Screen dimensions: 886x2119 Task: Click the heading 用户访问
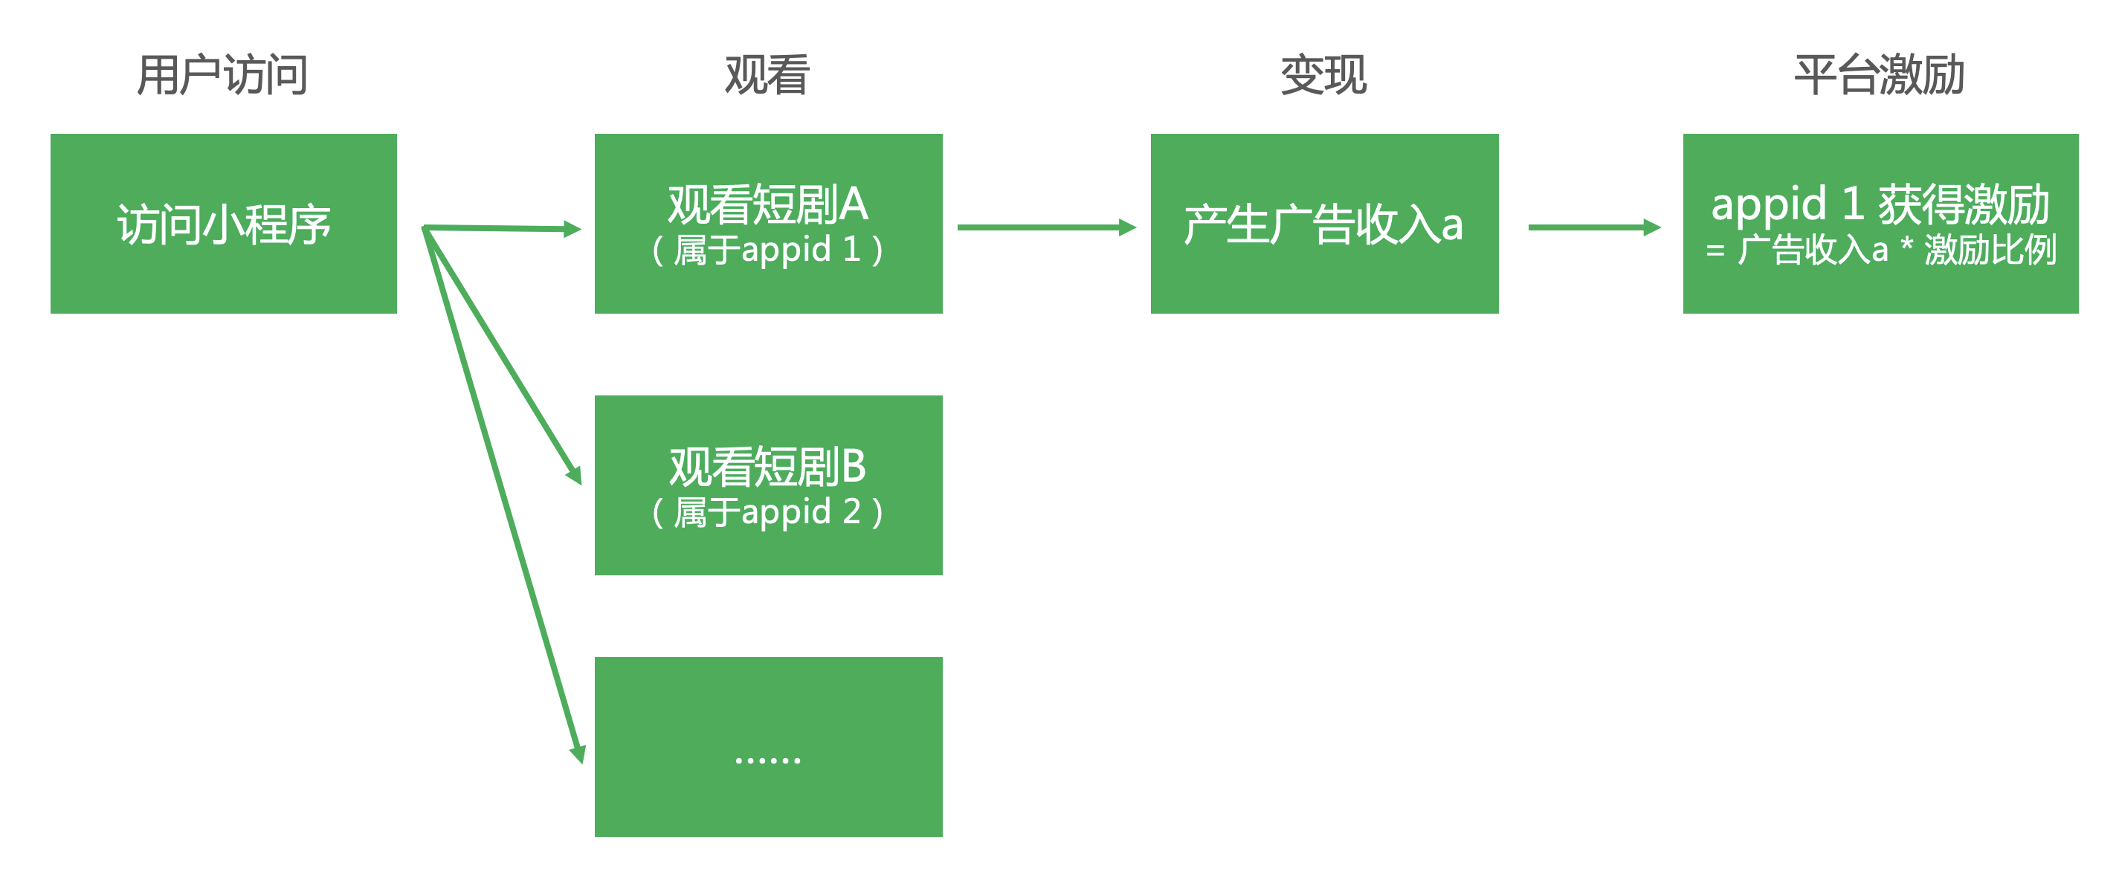[222, 75]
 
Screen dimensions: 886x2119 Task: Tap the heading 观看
[767, 75]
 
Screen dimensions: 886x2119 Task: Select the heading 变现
[1323, 75]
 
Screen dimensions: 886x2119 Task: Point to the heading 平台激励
[1880, 75]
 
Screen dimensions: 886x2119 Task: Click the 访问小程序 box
[224, 224]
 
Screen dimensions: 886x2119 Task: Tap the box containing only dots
[768, 746]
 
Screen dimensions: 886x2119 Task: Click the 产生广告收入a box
[1324, 224]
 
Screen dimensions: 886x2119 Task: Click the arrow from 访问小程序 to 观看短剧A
[502, 228]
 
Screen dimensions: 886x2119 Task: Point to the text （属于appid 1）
[767, 250]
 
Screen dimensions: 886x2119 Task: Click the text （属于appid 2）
[767, 511]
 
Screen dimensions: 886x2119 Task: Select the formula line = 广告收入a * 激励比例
[1880, 250]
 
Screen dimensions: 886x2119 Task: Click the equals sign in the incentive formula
[1715, 251]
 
